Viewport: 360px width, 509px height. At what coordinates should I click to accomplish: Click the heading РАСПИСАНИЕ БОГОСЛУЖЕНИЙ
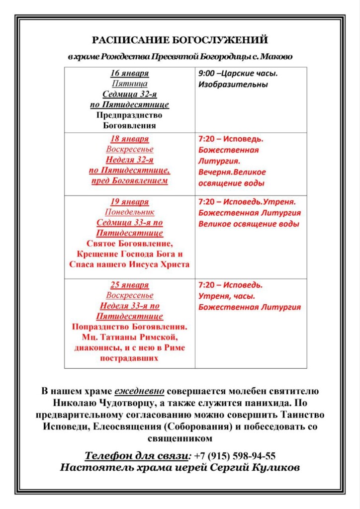[x=180, y=40]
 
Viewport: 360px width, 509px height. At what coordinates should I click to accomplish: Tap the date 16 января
[x=129, y=74]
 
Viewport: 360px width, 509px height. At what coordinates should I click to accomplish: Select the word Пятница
[x=129, y=84]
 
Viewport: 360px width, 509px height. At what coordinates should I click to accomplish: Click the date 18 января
[x=129, y=139]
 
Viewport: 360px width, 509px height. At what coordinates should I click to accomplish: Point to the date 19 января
[x=129, y=202]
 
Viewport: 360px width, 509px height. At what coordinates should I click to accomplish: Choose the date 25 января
[x=129, y=285]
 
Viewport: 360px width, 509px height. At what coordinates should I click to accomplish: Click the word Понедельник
[x=129, y=212]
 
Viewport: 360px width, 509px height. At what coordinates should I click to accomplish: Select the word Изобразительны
[x=233, y=85]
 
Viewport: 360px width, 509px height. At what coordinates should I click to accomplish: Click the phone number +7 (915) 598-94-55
[x=235, y=456]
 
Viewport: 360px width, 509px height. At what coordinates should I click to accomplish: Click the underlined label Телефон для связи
[x=137, y=456]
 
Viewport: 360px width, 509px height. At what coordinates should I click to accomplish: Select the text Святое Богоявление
[x=129, y=244]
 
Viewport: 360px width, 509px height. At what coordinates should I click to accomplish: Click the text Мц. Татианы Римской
[x=129, y=338]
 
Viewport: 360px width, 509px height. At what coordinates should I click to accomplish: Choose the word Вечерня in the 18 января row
[x=214, y=172]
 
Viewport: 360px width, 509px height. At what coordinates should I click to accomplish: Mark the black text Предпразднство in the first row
[x=129, y=115]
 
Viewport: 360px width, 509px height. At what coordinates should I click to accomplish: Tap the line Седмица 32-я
[x=129, y=94]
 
